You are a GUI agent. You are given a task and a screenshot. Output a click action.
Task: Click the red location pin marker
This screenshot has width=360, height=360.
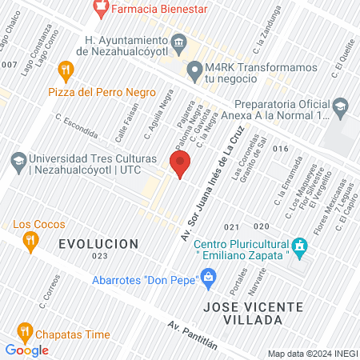180,165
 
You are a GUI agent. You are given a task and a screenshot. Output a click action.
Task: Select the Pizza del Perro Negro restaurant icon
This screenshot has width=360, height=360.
66,71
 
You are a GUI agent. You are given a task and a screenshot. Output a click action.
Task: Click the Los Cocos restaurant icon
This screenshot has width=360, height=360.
30,239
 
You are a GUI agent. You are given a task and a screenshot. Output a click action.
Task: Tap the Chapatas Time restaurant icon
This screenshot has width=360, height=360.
24,330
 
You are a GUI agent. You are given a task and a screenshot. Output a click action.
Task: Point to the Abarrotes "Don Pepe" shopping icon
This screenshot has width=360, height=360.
209,278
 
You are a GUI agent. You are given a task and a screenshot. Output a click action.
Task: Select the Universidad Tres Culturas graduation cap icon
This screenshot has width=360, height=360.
18,162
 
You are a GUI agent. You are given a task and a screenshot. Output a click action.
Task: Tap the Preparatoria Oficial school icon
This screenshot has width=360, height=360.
341,106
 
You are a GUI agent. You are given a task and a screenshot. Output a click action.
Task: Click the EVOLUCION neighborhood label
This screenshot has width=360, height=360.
98,243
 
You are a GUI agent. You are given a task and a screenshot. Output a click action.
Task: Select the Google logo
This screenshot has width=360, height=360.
26,350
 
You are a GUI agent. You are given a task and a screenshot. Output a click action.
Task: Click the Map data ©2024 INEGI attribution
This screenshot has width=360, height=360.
311,354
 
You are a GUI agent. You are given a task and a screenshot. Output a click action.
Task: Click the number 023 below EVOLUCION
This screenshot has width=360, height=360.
99,256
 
